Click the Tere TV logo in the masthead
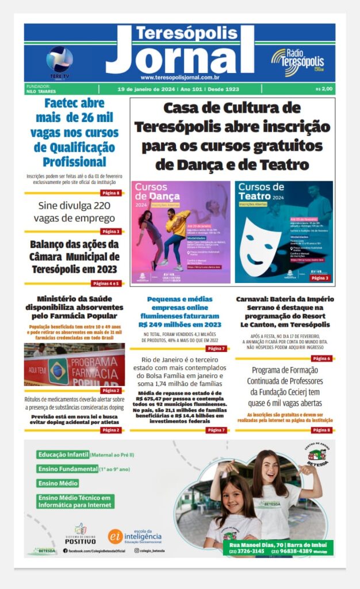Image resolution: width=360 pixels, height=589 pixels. click(x=59, y=61)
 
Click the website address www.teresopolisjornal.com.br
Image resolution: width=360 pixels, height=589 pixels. click(x=179, y=77)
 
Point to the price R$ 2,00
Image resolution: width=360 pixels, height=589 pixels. click(x=324, y=89)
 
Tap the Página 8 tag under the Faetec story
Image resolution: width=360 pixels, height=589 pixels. click(x=110, y=193)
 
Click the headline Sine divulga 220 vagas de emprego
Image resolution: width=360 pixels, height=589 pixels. click(x=74, y=212)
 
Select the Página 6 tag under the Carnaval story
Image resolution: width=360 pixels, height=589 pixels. click(x=321, y=358)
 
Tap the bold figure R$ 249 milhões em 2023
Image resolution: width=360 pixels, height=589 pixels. click(x=179, y=324)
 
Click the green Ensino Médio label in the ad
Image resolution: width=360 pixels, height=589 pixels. click(x=58, y=483)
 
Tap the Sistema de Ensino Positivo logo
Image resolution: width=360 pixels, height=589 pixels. click(x=81, y=534)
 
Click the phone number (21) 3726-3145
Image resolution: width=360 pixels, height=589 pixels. click(x=247, y=551)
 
